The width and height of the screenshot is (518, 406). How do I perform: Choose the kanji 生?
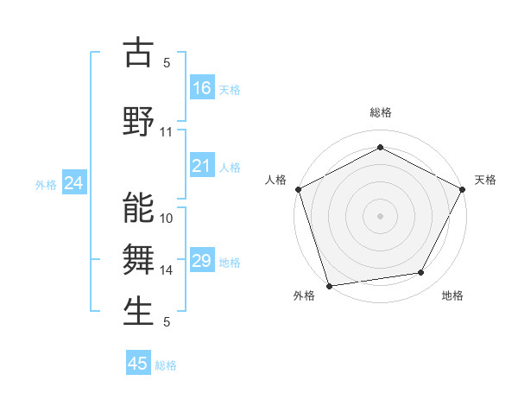tap(139, 312)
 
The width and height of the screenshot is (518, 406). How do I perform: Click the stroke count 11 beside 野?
tap(167, 132)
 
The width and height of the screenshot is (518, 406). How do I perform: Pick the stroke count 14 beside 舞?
tap(167, 270)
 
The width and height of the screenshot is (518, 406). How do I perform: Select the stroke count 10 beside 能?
tap(167, 219)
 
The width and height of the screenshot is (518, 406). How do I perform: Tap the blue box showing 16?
tap(202, 88)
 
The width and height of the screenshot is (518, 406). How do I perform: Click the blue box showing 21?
tap(202, 166)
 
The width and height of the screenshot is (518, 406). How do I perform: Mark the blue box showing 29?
tap(202, 261)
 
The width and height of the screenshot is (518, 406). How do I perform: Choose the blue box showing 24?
tap(74, 183)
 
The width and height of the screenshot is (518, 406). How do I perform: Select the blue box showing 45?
tap(138, 364)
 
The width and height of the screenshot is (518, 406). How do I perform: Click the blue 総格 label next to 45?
tap(166, 365)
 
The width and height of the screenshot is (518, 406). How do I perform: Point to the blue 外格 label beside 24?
tap(46, 185)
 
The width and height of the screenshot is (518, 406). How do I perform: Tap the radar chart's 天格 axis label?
tap(485, 180)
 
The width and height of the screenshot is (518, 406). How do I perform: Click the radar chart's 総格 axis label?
tap(381, 113)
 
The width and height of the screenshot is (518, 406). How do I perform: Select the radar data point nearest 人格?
tap(298, 188)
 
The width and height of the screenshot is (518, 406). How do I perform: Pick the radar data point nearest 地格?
tap(421, 273)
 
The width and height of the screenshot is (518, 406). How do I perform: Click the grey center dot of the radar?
tap(380, 215)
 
